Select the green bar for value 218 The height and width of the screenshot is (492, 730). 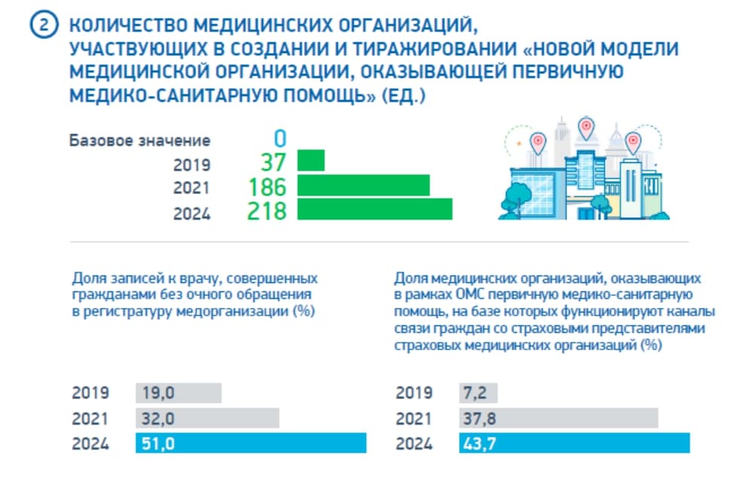[x=375, y=209]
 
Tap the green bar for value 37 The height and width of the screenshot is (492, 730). [x=311, y=161]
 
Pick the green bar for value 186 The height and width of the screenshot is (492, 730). [x=363, y=186]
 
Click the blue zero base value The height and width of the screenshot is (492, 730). [x=280, y=139]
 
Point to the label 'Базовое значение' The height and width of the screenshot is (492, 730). [x=140, y=140]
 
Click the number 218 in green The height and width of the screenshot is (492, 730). [x=267, y=210]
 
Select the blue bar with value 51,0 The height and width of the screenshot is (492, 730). [x=250, y=443]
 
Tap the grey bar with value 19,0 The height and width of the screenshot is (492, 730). [x=178, y=393]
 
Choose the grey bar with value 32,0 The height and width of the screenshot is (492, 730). [x=207, y=418]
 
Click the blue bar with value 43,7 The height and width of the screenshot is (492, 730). [x=574, y=443]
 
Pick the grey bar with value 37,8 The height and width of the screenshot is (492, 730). [x=558, y=418]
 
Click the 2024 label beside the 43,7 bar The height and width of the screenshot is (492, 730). [x=414, y=444]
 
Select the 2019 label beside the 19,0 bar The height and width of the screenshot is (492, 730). [x=90, y=393]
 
